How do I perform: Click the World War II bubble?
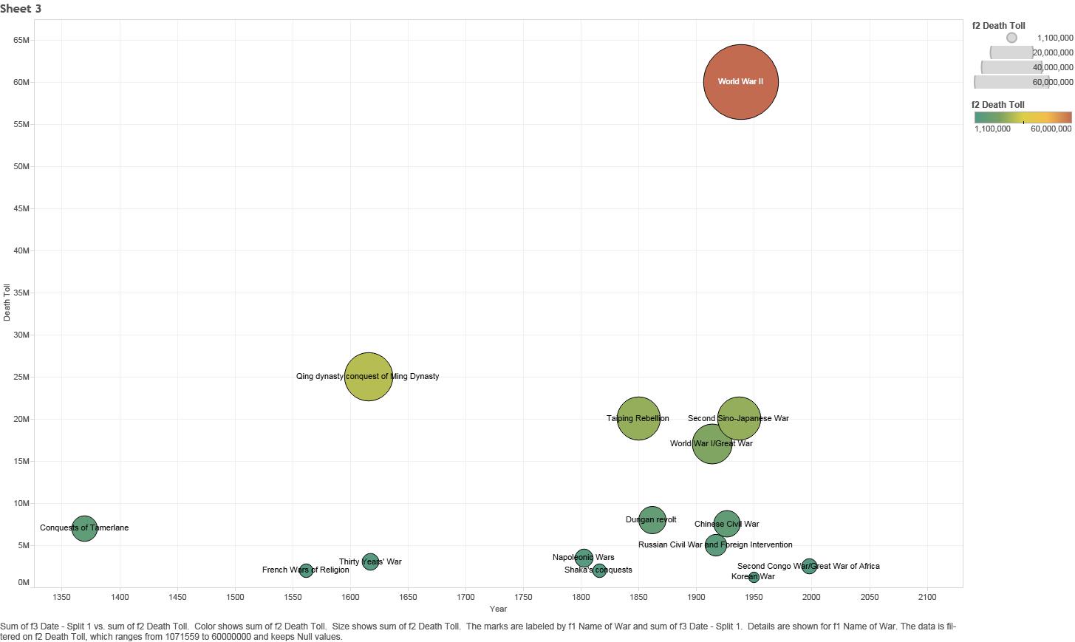tap(741, 81)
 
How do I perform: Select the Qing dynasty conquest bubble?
tap(368, 377)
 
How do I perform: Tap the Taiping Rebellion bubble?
tap(638, 418)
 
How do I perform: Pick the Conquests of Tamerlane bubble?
tap(84, 528)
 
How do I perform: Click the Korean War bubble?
tap(754, 577)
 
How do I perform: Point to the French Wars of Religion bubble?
tap(306, 570)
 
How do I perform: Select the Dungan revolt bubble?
tap(652, 519)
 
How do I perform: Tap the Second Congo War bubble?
tap(809, 566)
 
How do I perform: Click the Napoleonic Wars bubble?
tap(584, 558)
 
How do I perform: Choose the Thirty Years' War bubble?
tap(370, 561)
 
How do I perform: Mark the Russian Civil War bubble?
tap(715, 545)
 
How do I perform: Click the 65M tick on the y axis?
tap(21, 40)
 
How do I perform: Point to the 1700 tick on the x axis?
tap(465, 597)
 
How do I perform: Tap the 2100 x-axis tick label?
tap(926, 597)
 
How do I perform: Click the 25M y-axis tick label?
tap(21, 377)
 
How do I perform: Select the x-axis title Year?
tap(498, 609)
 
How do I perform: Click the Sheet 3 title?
tap(21, 9)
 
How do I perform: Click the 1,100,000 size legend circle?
tap(1011, 38)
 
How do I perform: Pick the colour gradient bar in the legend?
tap(1023, 117)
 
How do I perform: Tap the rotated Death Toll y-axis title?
tap(7, 302)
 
